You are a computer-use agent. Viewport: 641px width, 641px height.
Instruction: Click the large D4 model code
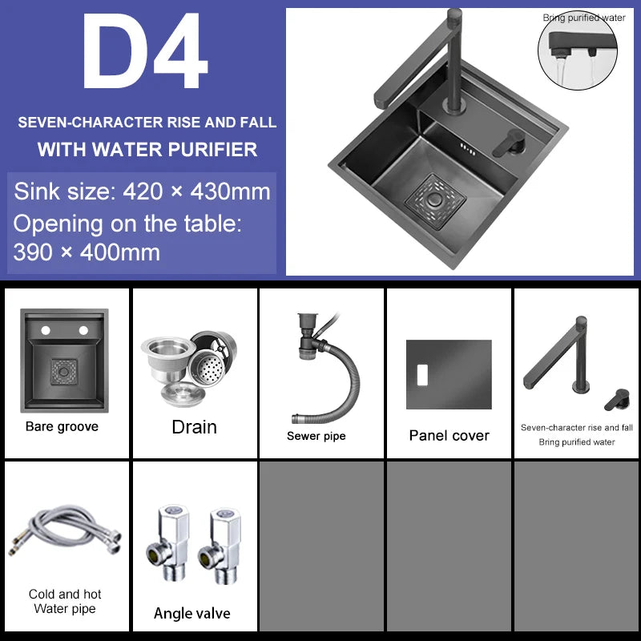145,50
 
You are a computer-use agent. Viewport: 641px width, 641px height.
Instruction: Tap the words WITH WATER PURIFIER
147,150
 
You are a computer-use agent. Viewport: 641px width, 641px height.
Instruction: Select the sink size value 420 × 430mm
196,191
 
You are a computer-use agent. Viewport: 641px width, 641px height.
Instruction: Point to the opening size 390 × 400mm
87,252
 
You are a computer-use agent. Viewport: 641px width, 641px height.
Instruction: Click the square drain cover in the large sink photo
435,201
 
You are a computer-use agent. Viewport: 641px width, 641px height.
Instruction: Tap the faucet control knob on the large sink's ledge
510,143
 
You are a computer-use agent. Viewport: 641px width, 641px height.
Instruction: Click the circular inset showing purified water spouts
578,50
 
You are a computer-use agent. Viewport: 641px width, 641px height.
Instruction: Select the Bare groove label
62,426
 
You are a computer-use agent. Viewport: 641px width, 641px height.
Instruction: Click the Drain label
194,427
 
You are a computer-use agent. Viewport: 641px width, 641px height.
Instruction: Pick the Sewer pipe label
316,436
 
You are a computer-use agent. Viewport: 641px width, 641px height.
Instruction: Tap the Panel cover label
449,435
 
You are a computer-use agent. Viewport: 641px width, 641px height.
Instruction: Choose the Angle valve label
192,613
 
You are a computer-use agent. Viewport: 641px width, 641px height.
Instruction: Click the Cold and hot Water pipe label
65,601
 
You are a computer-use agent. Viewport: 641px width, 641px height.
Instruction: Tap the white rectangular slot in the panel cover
422,375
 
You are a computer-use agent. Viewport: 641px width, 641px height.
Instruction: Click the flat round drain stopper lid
183,394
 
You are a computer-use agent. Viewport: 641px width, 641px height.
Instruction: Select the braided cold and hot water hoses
65,531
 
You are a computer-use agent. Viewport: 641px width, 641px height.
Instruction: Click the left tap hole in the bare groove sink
46,330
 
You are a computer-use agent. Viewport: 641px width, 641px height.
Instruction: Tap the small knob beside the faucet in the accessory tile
617,399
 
